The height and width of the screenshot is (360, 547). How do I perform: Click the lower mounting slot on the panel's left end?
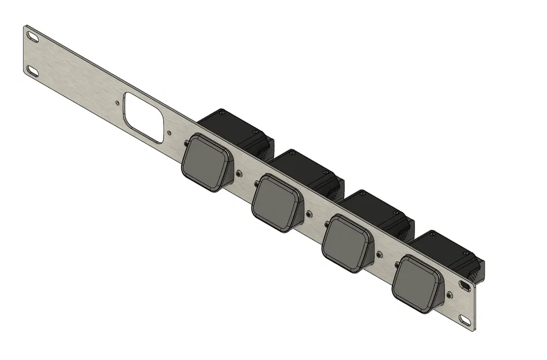(x=32, y=71)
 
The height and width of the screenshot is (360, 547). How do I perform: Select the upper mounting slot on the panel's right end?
(x=465, y=285)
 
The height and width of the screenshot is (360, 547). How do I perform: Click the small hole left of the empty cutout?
(x=118, y=104)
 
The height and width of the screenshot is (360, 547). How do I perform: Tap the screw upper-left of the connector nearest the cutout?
(x=186, y=142)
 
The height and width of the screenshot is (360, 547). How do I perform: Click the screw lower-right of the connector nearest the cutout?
(x=239, y=172)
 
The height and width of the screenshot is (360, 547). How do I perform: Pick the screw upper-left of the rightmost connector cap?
(x=397, y=263)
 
